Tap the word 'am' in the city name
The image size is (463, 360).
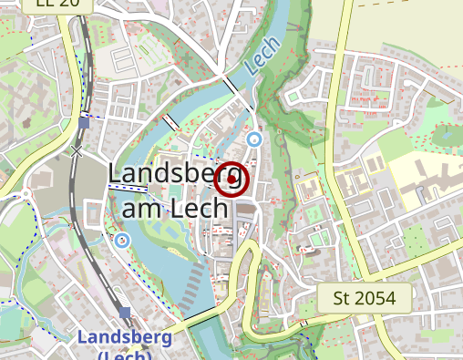tap(141, 208)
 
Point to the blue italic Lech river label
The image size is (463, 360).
tap(261, 61)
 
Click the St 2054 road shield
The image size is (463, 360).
tap(365, 297)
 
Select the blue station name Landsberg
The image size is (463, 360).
tap(124, 337)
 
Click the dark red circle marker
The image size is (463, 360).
tap(233, 180)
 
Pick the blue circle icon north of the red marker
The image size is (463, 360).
tap(254, 139)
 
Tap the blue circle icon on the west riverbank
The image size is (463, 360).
tap(122, 240)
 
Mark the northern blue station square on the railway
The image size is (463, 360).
tap(84, 122)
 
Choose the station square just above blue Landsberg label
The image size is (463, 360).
tap(125, 313)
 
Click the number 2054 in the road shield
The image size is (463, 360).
tap(377, 297)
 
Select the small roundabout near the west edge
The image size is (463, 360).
tap(26, 193)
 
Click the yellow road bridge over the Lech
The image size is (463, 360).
tap(195, 321)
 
